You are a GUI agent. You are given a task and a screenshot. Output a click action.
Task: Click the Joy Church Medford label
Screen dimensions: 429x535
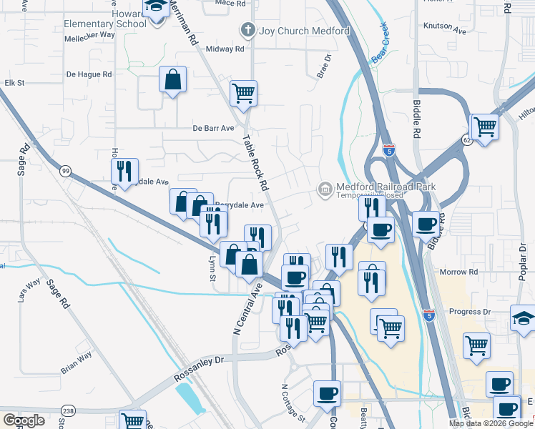pyautogui.click(x=304, y=31)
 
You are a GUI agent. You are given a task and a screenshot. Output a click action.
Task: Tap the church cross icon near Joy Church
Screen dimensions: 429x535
pyautogui.click(x=248, y=31)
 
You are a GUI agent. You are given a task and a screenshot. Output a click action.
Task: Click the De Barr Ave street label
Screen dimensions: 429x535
pyautogui.click(x=213, y=129)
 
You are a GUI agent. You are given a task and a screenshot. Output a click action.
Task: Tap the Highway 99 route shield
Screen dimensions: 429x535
pyautogui.click(x=66, y=170)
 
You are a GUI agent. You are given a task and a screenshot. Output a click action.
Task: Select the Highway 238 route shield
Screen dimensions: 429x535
pyautogui.click(x=68, y=410)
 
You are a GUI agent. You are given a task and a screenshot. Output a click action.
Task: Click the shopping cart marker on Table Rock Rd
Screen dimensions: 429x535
pyautogui.click(x=244, y=93)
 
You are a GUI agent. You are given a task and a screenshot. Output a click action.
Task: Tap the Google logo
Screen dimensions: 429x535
pyautogui.click(x=24, y=420)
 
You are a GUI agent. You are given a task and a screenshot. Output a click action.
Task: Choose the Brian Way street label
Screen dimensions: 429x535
pyautogui.click(x=76, y=362)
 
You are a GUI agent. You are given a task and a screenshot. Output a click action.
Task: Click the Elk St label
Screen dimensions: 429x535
pyautogui.click(x=14, y=83)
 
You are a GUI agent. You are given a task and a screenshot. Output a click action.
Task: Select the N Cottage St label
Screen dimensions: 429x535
pyautogui.click(x=293, y=403)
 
